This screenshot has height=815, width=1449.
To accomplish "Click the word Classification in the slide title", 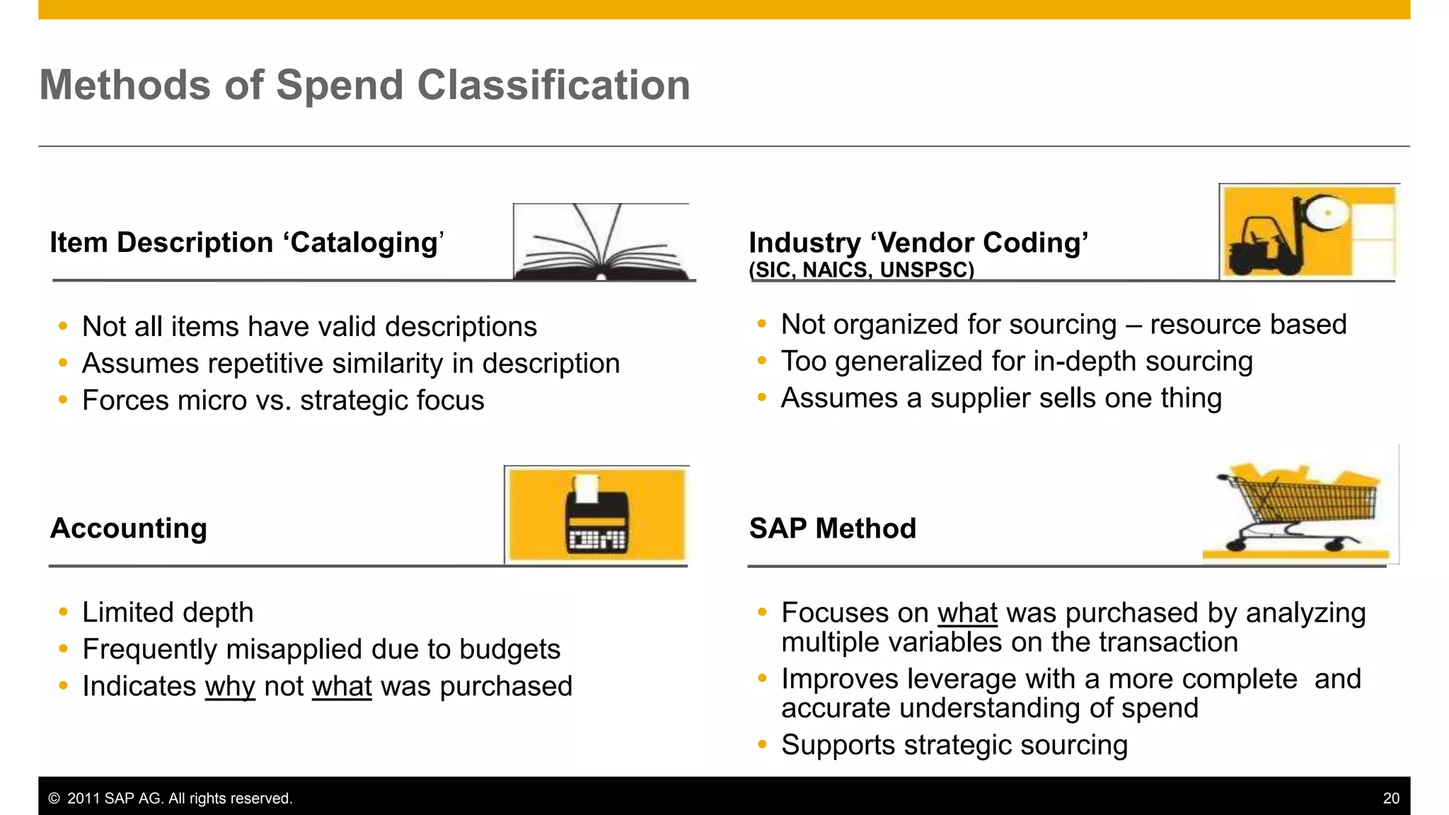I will (553, 86).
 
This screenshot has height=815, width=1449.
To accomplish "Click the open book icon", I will (601, 243).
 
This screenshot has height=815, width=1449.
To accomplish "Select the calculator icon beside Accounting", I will (596, 515).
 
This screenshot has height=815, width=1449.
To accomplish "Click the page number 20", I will (1390, 799).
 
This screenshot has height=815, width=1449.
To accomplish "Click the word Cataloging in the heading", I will (364, 243).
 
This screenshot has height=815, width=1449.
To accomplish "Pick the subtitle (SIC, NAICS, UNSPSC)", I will (861, 270).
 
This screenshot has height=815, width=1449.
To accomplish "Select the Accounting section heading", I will (129, 528).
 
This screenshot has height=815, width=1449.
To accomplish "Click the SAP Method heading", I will (832, 528).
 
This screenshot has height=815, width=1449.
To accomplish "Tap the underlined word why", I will (230, 687).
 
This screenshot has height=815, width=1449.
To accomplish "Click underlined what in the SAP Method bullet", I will (967, 613).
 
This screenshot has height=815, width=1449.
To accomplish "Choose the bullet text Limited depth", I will (168, 613).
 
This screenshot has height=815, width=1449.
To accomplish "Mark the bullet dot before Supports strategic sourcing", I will (762, 744).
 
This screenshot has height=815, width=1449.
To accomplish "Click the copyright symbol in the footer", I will (54, 799).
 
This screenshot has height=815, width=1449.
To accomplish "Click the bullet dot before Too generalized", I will (762, 361).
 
